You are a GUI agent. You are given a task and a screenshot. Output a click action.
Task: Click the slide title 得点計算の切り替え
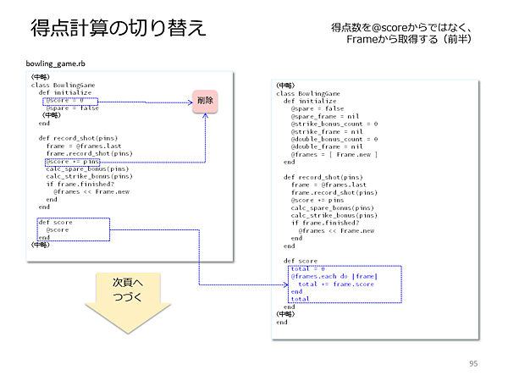118,27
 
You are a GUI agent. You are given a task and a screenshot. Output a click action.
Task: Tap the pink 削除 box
204,101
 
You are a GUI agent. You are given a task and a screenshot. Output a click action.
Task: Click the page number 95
473,363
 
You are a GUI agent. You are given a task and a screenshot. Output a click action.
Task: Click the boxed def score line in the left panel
56,223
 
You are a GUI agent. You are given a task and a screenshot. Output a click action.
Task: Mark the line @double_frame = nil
325,146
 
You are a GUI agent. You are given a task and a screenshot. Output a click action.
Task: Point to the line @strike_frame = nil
325,131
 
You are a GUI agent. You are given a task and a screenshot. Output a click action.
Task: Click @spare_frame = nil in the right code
323,116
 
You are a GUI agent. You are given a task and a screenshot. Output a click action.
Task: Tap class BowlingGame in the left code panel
63,86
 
